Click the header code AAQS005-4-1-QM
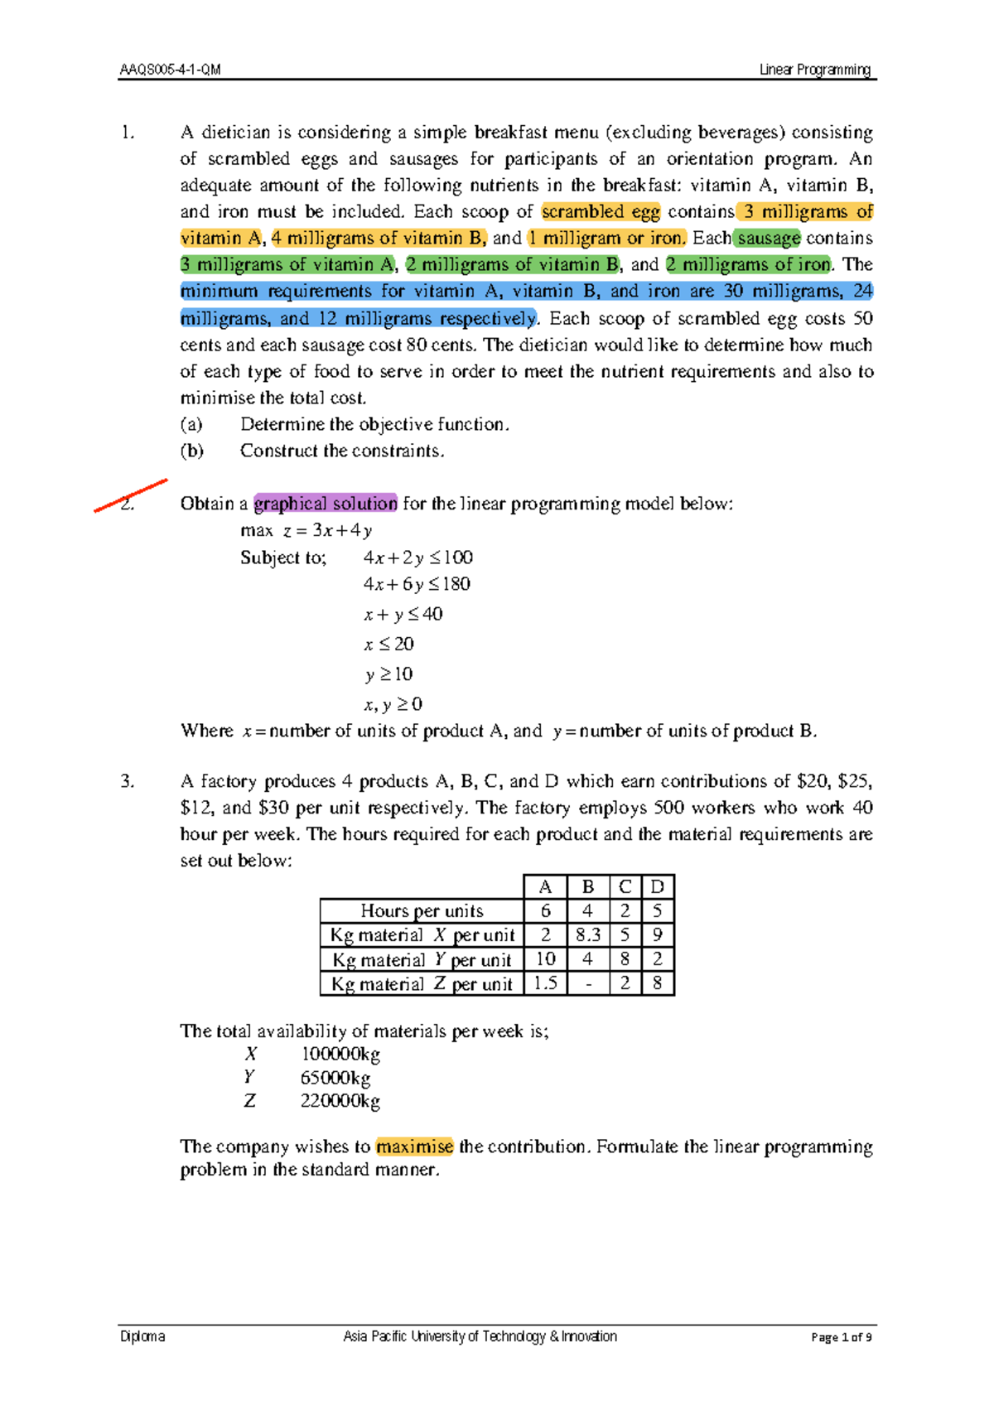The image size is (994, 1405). (170, 70)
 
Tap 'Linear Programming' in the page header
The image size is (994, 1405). (815, 70)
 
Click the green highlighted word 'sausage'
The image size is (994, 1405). (768, 239)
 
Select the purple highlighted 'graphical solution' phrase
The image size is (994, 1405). (326, 504)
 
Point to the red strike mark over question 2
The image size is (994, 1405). (131, 495)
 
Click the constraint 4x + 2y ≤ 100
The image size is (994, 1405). (417, 558)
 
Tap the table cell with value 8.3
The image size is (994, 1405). (587, 935)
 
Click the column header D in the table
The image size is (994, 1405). (657, 887)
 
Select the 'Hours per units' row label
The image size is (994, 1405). (422, 911)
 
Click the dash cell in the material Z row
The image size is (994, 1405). (587, 983)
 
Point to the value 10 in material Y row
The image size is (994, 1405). (545, 959)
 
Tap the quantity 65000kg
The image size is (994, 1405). (335, 1079)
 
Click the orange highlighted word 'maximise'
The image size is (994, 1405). (414, 1147)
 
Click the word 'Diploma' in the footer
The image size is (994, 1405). (142, 1336)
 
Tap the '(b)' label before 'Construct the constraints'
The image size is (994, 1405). (191, 451)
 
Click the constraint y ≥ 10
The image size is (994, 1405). (388, 674)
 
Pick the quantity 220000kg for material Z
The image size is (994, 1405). (340, 1102)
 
